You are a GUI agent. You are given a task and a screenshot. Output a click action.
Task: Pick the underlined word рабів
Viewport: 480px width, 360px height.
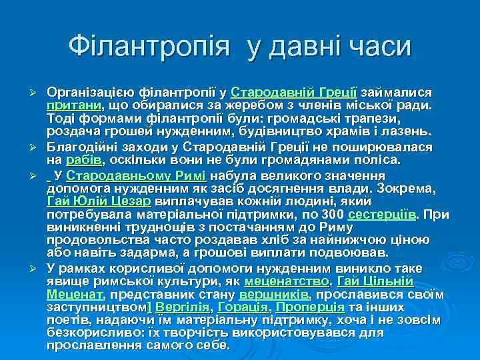point(84,160)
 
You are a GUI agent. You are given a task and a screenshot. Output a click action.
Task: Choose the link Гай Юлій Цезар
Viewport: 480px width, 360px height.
point(99,202)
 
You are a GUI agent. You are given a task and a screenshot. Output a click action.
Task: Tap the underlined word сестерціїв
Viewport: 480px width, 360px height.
point(383,215)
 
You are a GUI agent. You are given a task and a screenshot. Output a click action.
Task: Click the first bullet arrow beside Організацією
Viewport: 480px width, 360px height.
point(38,91)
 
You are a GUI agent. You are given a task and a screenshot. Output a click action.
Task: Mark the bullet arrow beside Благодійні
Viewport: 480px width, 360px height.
point(38,147)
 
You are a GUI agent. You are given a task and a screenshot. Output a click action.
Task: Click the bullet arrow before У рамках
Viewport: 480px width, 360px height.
point(38,269)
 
